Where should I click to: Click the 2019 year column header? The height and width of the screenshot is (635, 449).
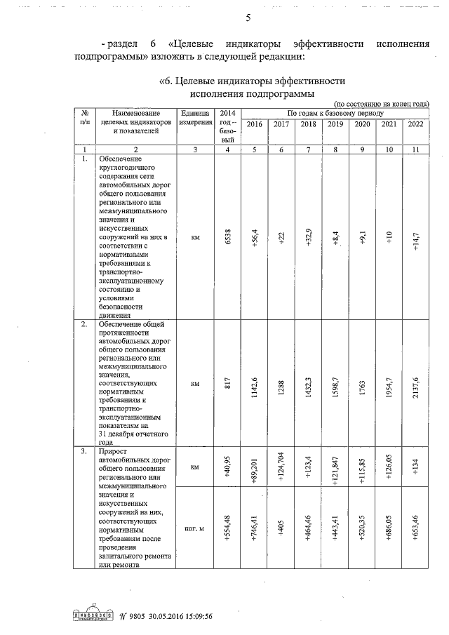click(x=335, y=124)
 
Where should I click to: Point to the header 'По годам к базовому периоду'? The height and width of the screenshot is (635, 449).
click(x=335, y=112)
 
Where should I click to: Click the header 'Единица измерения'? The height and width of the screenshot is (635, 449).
click(x=195, y=117)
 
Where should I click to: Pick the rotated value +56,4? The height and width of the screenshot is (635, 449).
click(x=254, y=238)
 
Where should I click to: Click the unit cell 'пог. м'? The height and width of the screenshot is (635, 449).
click(x=195, y=528)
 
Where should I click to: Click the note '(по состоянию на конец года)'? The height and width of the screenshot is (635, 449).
click(x=380, y=103)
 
